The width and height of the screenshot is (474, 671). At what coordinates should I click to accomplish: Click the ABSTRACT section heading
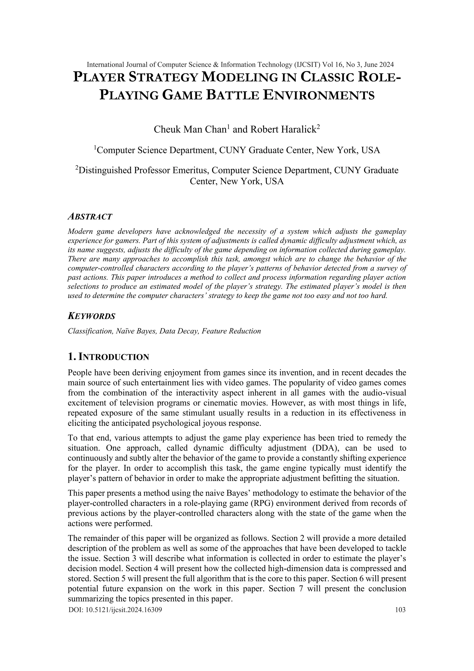click(x=90, y=217)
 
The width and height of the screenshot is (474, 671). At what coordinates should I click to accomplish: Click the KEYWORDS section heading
click(x=91, y=316)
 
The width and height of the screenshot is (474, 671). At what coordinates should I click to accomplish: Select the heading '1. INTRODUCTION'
click(x=108, y=357)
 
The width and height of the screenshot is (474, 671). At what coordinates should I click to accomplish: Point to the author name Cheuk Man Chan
click(x=190, y=130)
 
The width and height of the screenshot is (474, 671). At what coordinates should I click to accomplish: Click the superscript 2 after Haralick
click(x=318, y=127)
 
